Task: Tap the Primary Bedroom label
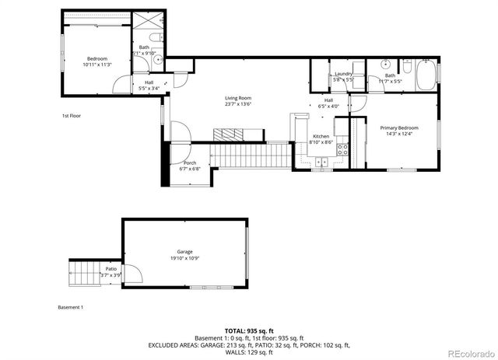tap(398, 128)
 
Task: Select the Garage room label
tap(184, 252)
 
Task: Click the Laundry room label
tap(343, 73)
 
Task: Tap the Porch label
tap(190, 163)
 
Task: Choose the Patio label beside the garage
tap(111, 269)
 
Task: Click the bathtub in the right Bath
tap(425, 75)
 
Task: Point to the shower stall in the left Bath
tap(146, 26)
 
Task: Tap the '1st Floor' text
tap(72, 116)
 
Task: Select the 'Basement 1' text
tap(70, 307)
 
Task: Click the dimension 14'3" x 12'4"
tap(398, 134)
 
